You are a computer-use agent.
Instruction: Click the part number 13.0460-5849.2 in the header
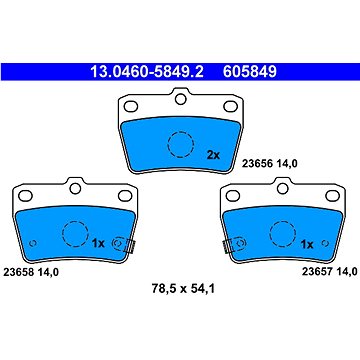[x=147, y=71]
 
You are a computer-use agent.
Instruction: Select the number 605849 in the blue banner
[x=250, y=71]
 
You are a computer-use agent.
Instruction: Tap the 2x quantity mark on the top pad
[x=213, y=155]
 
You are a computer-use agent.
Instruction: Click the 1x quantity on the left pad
[x=98, y=244]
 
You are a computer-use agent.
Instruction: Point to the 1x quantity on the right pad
[x=307, y=245]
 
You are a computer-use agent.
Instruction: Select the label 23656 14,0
[x=269, y=163]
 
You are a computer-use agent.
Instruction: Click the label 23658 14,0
[x=31, y=272]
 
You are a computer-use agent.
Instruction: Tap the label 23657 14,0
[x=330, y=272]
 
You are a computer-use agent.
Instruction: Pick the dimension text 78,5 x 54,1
[x=183, y=289]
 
